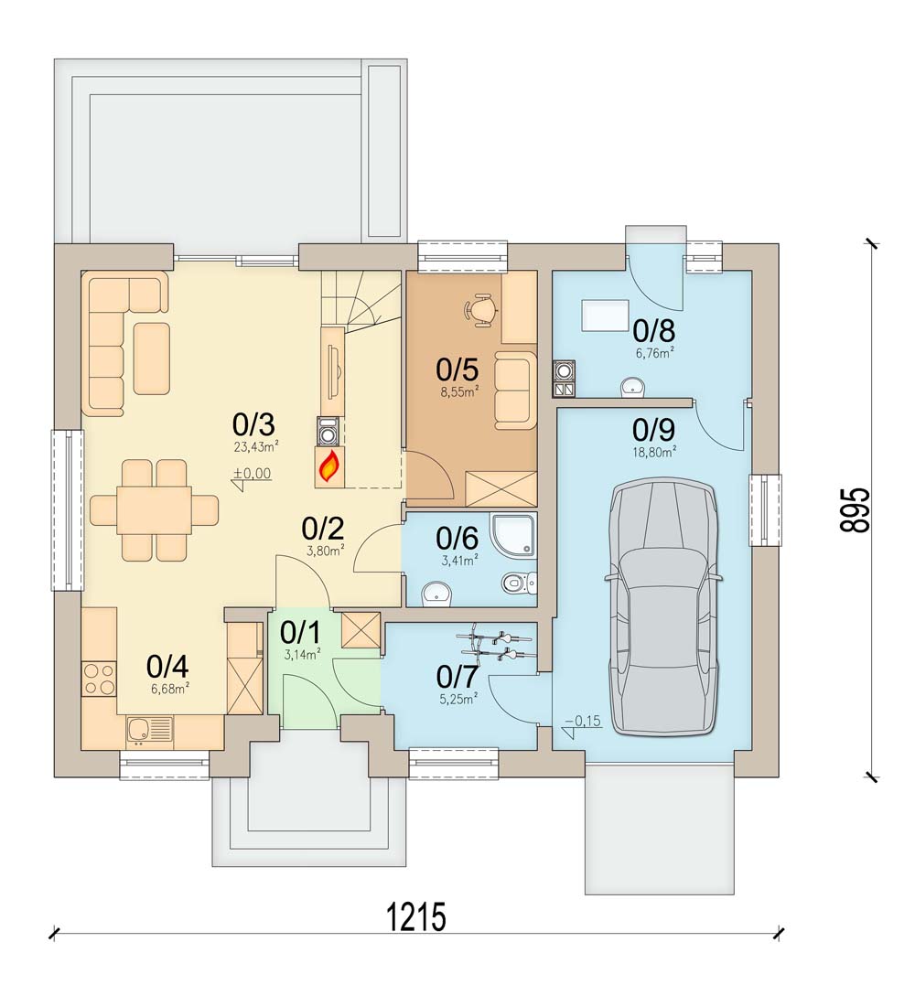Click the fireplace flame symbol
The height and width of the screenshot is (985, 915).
[330, 467]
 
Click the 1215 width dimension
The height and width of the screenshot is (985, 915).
[416, 916]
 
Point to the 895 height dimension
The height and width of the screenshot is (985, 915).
[856, 510]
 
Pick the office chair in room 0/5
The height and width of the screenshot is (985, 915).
[480, 308]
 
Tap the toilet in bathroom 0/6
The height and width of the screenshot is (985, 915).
[519, 584]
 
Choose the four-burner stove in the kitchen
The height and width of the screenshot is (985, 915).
[100, 679]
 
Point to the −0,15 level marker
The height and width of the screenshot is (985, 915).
[581, 726]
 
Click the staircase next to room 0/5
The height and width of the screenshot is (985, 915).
[361, 301]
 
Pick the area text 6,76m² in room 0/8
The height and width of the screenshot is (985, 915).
[655, 353]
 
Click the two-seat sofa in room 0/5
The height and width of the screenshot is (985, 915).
[515, 391]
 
